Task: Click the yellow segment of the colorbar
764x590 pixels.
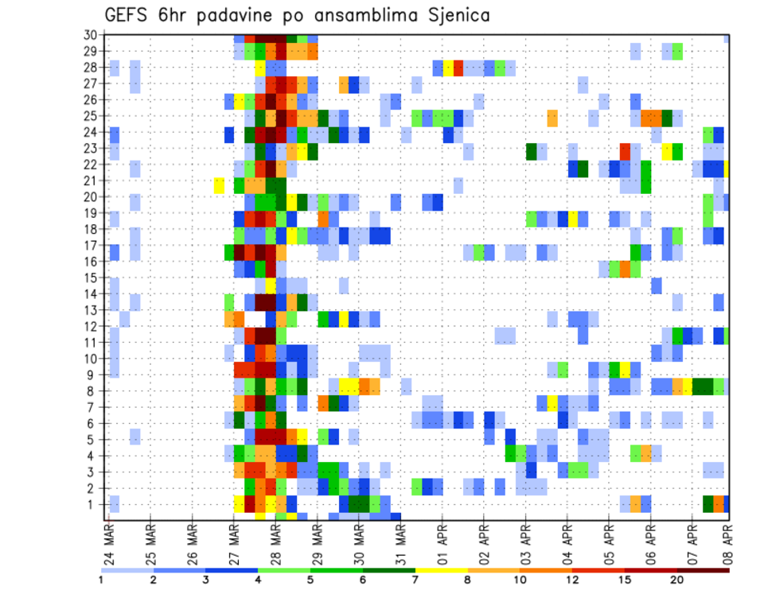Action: pyautogui.click(x=441, y=570)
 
